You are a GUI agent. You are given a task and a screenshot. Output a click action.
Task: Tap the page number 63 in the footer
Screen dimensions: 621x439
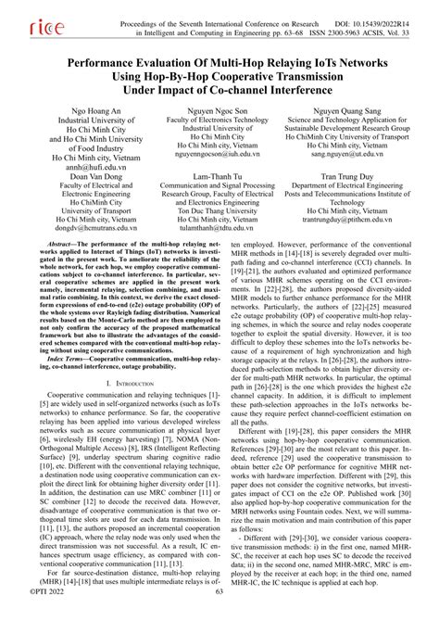point(219,614)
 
